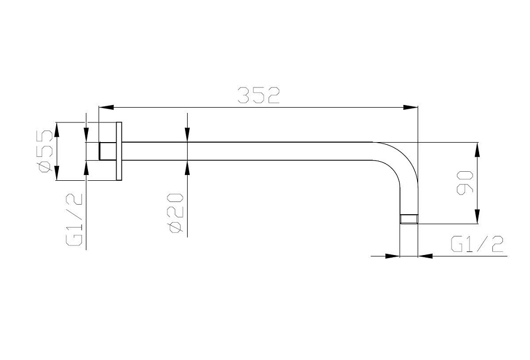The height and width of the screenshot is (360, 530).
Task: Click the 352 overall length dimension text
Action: [x=259, y=95]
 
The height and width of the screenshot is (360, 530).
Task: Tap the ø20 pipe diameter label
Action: [x=176, y=213]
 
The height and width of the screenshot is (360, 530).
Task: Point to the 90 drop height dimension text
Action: [x=465, y=183]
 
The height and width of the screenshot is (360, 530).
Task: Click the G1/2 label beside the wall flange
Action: [x=74, y=219]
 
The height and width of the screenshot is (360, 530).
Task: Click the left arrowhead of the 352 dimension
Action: [x=105, y=108]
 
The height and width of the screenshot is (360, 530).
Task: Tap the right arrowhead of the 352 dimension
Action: [x=411, y=108]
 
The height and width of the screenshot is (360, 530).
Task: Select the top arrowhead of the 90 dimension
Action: [x=477, y=150]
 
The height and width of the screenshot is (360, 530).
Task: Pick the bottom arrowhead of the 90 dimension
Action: [x=477, y=216]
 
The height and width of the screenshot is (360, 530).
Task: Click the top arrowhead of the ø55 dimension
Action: [x=57, y=129]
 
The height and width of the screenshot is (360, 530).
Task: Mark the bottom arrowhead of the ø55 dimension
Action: [x=57, y=173]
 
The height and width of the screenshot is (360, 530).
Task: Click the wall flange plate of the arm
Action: [x=119, y=151]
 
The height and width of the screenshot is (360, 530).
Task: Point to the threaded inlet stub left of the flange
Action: [x=108, y=151]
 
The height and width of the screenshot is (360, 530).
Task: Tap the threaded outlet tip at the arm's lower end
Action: [x=409, y=219]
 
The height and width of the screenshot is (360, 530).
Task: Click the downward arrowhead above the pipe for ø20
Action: [x=188, y=135]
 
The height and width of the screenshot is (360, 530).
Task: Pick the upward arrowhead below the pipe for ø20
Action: [x=188, y=168]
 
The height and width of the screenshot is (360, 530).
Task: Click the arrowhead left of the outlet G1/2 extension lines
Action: [x=393, y=256]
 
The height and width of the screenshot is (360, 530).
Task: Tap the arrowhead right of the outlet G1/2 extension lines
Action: [x=426, y=256]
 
